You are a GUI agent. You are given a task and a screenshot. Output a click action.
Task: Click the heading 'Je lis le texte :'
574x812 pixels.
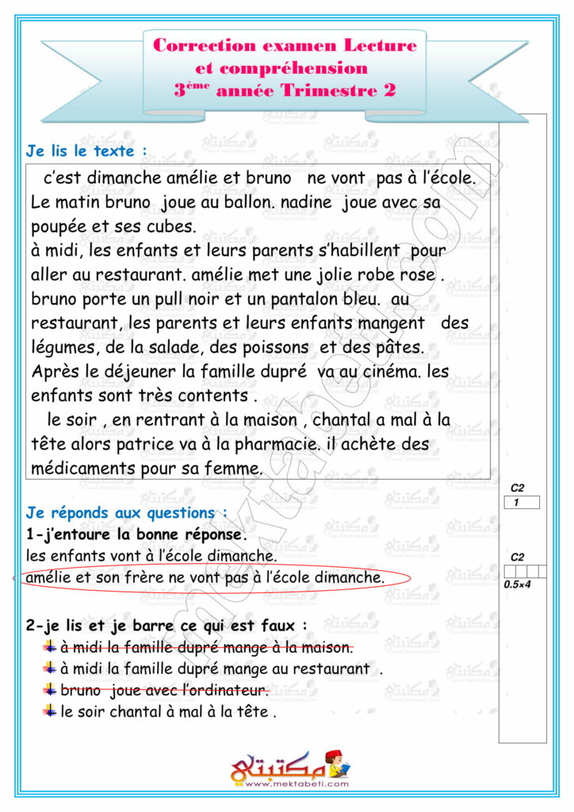click(x=86, y=149)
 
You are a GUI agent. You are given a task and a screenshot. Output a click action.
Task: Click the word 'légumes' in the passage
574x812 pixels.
click(x=63, y=348)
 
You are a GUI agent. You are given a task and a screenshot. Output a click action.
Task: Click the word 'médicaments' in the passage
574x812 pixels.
click(x=82, y=469)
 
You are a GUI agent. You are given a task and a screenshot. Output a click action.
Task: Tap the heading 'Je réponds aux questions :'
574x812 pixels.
click(x=127, y=513)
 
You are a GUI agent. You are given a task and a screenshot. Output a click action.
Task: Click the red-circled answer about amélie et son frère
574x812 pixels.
click(x=205, y=577)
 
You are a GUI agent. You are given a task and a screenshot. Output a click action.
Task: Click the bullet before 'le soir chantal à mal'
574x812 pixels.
click(x=51, y=710)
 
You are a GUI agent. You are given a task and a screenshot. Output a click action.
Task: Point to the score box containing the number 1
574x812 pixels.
click(x=522, y=502)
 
